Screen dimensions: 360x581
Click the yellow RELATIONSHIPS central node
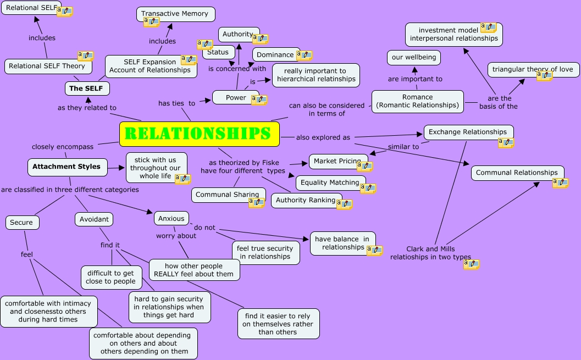tap(199, 134)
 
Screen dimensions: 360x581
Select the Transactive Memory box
tap(175, 14)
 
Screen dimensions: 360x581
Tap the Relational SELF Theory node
tap(47, 66)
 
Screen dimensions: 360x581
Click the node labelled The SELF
tap(86, 88)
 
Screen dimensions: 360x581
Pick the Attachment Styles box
tap(67, 167)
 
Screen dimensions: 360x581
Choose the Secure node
tap(22, 223)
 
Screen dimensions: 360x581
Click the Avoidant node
tap(94, 219)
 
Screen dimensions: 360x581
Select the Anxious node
tap(171, 218)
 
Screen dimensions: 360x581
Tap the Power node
tap(236, 98)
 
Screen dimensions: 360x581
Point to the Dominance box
tap(275, 54)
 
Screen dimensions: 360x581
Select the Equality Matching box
tap(330, 182)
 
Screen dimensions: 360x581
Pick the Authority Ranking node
tap(306, 200)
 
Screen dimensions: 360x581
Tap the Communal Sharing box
tap(227, 195)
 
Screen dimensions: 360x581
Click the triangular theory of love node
tap(532, 69)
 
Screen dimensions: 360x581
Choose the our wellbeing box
tap(413, 57)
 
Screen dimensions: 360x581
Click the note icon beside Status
tap(204, 45)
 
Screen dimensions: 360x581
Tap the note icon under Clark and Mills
tap(471, 264)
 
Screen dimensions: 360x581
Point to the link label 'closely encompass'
tap(63, 147)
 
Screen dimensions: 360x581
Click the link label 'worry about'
tap(176, 236)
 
